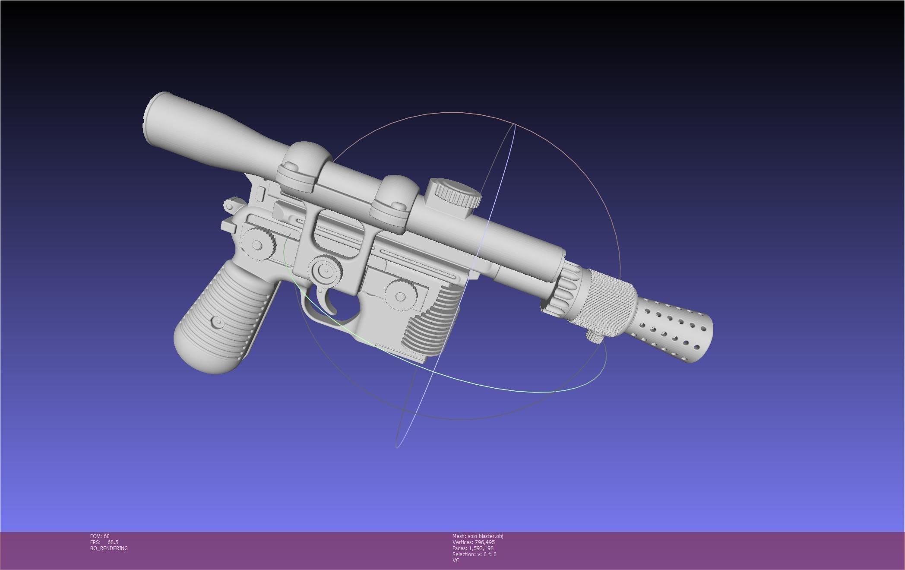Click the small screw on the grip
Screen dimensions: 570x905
218,322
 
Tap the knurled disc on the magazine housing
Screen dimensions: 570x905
401,296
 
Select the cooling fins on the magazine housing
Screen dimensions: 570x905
432,320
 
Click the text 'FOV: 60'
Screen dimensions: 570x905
100,536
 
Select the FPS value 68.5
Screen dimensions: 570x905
113,542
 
